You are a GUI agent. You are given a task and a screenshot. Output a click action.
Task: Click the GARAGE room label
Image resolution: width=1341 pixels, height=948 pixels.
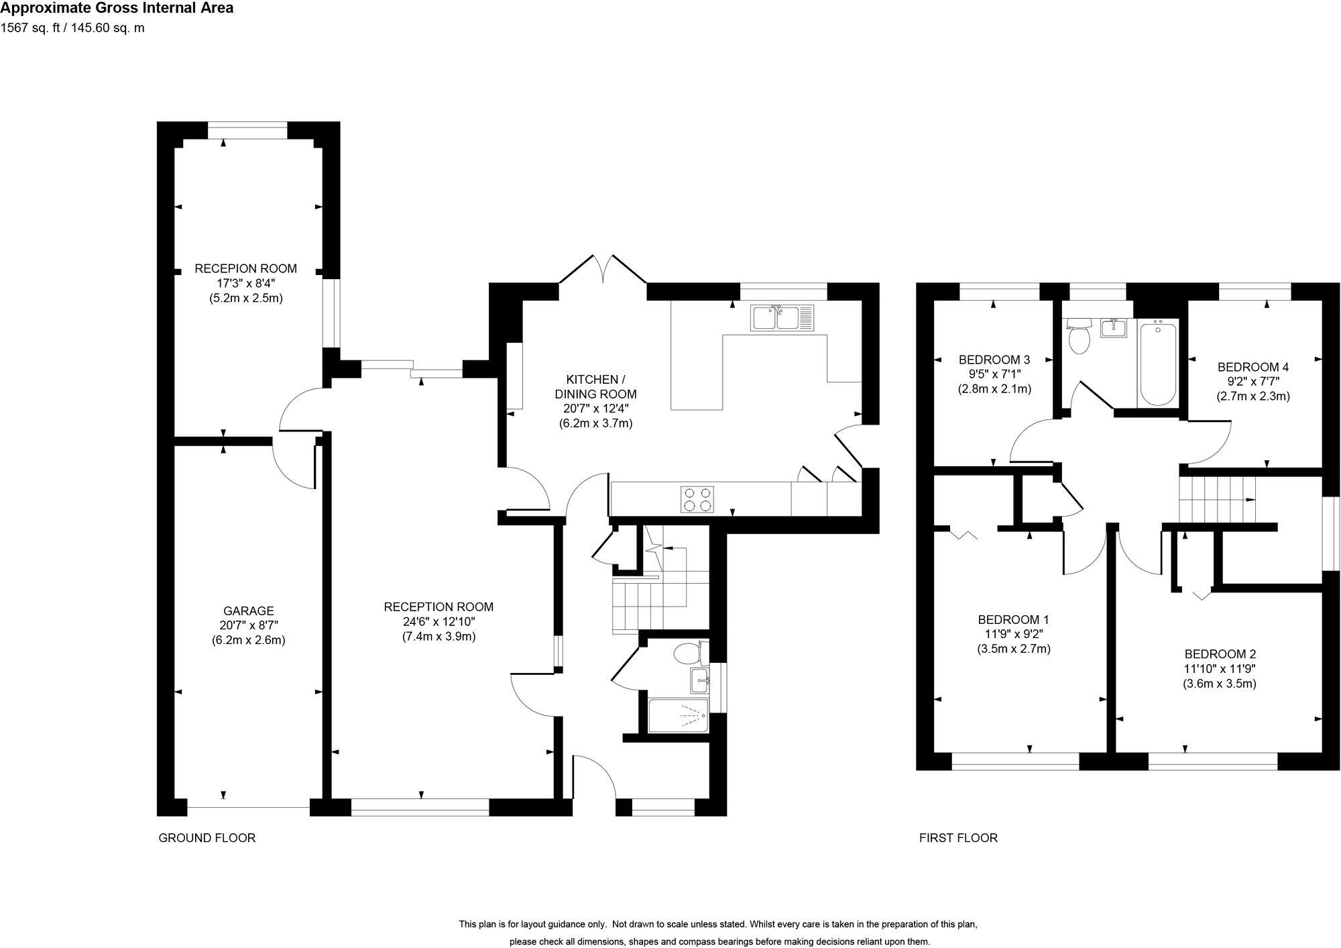(248, 611)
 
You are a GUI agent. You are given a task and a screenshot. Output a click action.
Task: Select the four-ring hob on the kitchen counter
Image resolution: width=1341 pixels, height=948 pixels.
(697, 499)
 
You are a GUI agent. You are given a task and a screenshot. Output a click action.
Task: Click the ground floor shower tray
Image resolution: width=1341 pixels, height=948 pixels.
(679, 716)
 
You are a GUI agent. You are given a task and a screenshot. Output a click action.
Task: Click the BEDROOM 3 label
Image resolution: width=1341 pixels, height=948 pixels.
(994, 359)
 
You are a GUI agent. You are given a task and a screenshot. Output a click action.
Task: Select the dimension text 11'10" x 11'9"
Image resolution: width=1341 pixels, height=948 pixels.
(1220, 669)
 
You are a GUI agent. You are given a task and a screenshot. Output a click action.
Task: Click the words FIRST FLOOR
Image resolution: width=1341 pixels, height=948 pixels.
(957, 838)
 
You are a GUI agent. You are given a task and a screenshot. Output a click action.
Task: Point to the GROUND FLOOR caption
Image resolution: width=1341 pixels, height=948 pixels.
(207, 838)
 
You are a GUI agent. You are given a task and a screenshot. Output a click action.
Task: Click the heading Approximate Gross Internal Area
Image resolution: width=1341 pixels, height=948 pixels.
(117, 9)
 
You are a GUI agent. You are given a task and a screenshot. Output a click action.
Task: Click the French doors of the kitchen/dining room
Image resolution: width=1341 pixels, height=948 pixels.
(603, 275)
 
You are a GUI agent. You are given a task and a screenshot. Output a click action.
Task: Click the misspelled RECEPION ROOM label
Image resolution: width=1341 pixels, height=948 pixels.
(245, 268)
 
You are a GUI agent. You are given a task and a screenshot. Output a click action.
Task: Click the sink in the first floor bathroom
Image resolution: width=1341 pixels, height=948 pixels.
(1114, 327)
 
